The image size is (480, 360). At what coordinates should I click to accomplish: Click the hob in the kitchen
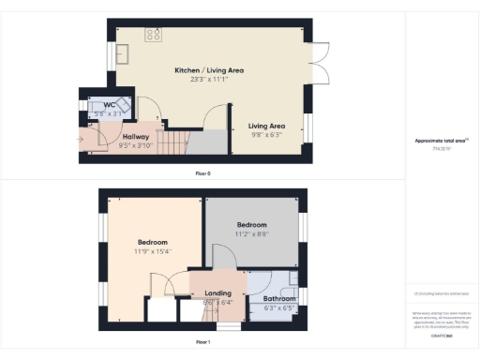pos(152,35)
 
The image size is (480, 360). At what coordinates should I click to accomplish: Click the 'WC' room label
pos(110,105)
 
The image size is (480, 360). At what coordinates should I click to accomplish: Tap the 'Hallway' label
pos(136,137)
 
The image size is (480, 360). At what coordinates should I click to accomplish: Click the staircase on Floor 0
pos(174,142)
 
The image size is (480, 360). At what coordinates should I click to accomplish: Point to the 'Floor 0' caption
pos(202,173)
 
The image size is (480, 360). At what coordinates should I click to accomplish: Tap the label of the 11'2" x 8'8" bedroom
pos(251,225)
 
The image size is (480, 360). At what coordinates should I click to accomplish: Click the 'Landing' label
pos(217,292)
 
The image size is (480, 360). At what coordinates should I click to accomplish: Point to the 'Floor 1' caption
pos(202,342)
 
